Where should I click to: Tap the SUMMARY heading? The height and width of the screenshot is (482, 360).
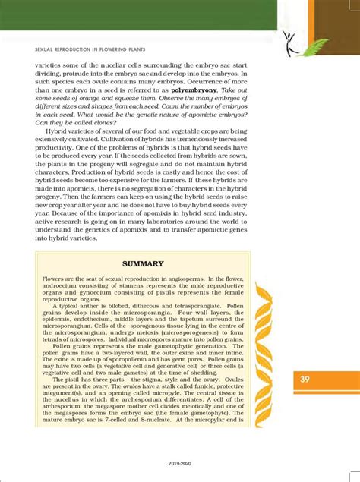point(144,263)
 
